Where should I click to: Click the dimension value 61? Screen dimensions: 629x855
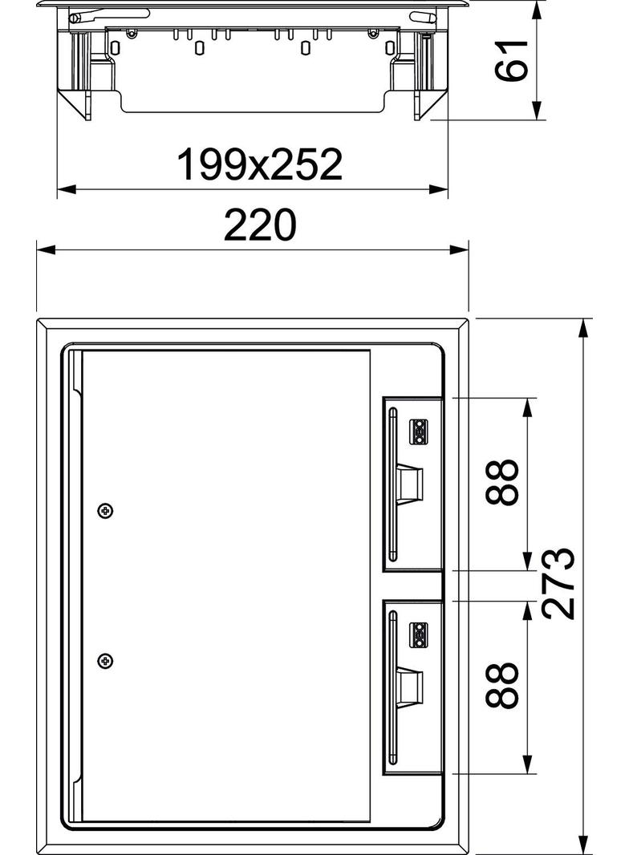tap(512, 60)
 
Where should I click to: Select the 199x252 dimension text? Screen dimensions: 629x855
tap(260, 164)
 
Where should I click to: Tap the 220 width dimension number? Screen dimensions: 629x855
tap(260, 224)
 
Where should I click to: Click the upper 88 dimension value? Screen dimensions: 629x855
tap(501, 482)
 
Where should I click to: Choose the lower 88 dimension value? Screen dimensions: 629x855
tap(501, 685)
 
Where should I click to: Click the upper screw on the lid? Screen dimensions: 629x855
tap(105, 511)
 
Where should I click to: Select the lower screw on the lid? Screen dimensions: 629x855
tap(105, 661)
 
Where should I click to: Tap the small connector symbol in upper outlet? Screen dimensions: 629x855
tap(419, 431)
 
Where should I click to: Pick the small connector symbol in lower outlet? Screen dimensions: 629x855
tap(419, 634)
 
